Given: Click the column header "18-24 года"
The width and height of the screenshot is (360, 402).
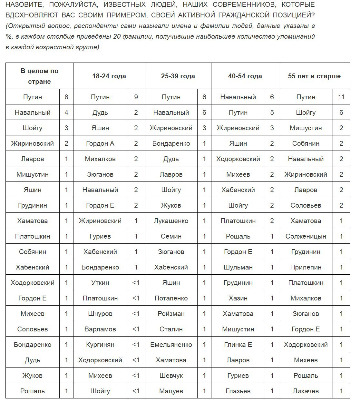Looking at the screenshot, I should click(x=109, y=76).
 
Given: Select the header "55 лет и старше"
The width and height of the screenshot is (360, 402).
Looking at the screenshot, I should click(x=314, y=76).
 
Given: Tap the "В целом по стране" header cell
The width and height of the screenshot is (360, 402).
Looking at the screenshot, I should click(x=39, y=76).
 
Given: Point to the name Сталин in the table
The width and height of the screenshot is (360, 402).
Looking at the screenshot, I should click(x=171, y=329).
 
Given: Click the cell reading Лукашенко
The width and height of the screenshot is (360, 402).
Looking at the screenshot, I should click(x=171, y=221).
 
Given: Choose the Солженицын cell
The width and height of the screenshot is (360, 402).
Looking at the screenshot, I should click(x=306, y=236).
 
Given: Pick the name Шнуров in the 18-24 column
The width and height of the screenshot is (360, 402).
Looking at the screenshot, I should click(x=100, y=314).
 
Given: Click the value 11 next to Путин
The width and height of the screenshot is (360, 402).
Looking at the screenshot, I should click(x=341, y=97).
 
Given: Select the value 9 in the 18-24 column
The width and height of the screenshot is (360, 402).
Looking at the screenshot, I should click(x=136, y=97).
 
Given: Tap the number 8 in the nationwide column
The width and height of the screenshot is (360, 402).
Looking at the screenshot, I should click(x=66, y=97).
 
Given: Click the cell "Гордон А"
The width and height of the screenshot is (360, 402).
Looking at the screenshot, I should click(x=100, y=143).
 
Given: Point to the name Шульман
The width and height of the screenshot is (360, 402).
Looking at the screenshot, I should click(x=238, y=267).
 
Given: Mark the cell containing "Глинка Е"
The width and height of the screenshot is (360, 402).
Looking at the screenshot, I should click(x=238, y=345).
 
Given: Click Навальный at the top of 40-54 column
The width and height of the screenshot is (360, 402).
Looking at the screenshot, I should click(x=238, y=97).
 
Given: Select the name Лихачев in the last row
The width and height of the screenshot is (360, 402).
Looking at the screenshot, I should click(x=306, y=391).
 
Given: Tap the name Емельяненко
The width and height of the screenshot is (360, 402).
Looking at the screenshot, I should click(x=171, y=345).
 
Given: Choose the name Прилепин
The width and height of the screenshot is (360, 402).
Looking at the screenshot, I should click(x=306, y=267).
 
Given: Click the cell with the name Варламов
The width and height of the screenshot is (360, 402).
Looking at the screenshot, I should click(x=100, y=329).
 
